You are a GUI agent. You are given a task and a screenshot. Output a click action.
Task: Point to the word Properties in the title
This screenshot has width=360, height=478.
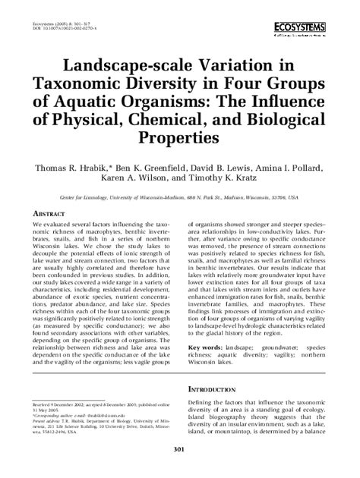coord(179,140)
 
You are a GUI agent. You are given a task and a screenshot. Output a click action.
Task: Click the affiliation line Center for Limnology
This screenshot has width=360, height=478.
coord(180,196)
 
